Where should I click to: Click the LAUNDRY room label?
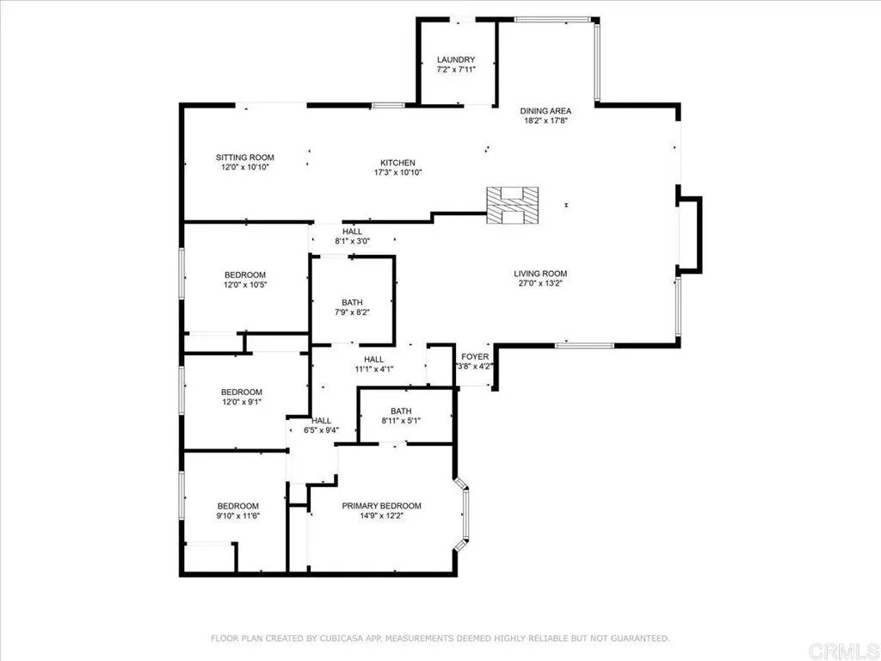pos(455,59)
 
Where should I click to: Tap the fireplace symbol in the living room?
pos(514,206)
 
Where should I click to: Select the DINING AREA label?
pos(545,110)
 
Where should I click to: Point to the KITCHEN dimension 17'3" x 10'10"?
pos(397,172)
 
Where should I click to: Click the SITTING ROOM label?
pos(244,157)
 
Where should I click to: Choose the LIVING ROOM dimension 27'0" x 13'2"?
pos(542,284)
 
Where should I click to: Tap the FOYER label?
pos(475,355)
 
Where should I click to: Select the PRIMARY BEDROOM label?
pos(381,505)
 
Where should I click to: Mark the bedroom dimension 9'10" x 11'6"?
pos(237,516)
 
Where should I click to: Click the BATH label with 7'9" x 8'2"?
pos(352,302)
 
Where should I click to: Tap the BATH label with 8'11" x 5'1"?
pos(401,411)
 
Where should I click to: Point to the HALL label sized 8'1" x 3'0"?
pos(353,232)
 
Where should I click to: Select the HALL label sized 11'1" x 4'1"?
pos(373,359)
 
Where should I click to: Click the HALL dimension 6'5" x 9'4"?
pos(321,430)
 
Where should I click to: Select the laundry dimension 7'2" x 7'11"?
pos(455,70)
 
